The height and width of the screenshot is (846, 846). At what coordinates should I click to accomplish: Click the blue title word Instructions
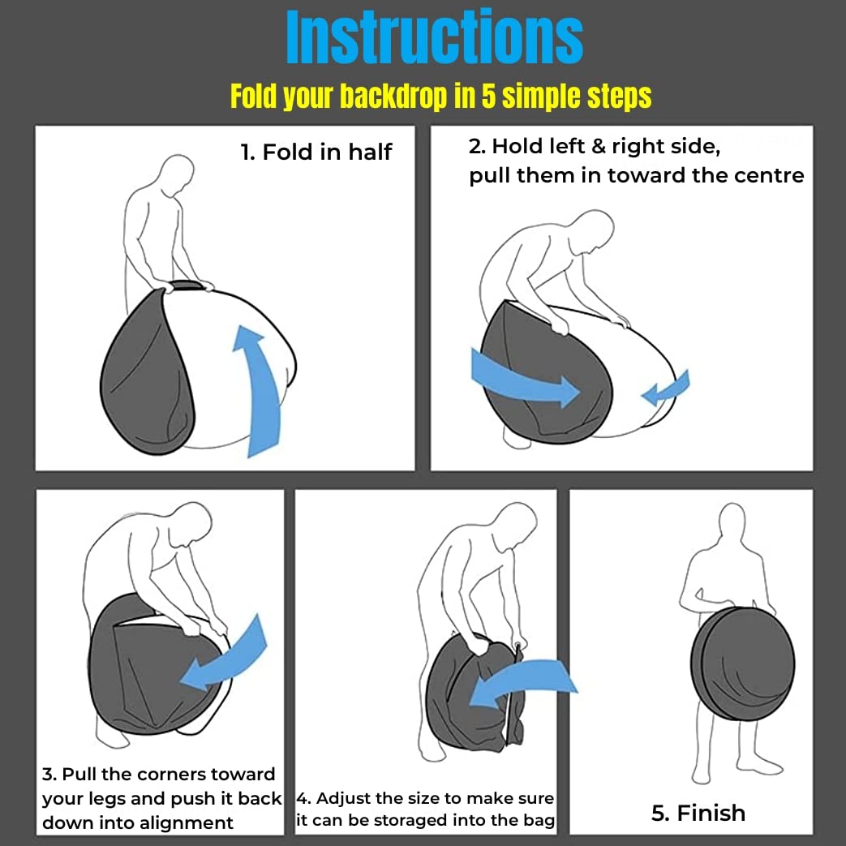[434, 37]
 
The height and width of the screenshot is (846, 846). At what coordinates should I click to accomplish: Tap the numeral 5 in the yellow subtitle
[488, 97]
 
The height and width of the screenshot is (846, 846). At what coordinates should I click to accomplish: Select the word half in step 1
[370, 152]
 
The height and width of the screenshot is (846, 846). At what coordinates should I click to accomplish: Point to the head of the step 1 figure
[177, 172]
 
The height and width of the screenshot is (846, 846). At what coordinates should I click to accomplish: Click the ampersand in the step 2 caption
[599, 146]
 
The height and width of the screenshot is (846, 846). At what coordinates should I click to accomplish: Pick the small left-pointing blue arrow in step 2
[666, 388]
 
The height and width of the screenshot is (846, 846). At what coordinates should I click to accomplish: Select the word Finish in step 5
[711, 813]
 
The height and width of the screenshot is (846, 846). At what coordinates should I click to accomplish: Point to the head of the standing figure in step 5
[732, 522]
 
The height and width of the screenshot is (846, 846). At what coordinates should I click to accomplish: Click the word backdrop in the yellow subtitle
[393, 97]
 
